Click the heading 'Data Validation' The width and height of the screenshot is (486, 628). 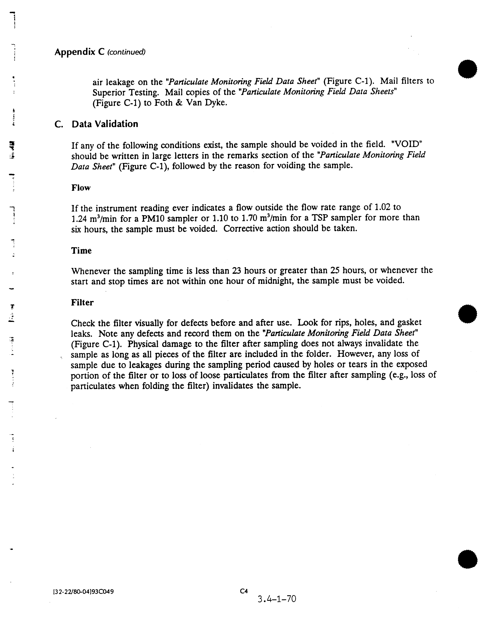pos(105,124)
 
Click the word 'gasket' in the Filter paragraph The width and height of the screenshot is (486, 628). pos(410,323)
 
